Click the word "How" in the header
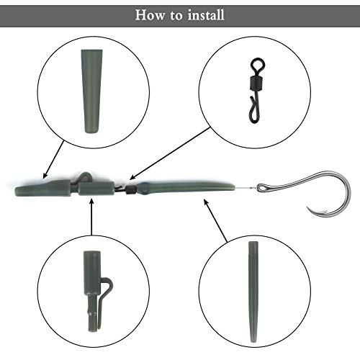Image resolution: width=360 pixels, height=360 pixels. tap(150, 15)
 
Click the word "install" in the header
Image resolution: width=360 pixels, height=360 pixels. tap(206, 15)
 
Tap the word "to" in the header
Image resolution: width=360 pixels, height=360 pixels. tap(176, 16)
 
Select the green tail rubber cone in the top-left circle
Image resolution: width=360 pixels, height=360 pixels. tap(91, 91)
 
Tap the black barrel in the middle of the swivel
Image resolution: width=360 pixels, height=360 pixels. tap(257, 82)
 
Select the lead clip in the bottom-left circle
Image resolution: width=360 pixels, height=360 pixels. tap(96, 291)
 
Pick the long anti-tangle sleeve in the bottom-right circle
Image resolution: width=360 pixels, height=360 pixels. tap(253, 292)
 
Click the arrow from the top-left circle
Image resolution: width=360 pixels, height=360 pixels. tap(53, 160)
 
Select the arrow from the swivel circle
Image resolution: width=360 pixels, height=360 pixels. tap(170, 153)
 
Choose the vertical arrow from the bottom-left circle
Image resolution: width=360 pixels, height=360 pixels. tap(91, 217)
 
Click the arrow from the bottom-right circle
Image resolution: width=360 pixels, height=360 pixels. tap(215, 220)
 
